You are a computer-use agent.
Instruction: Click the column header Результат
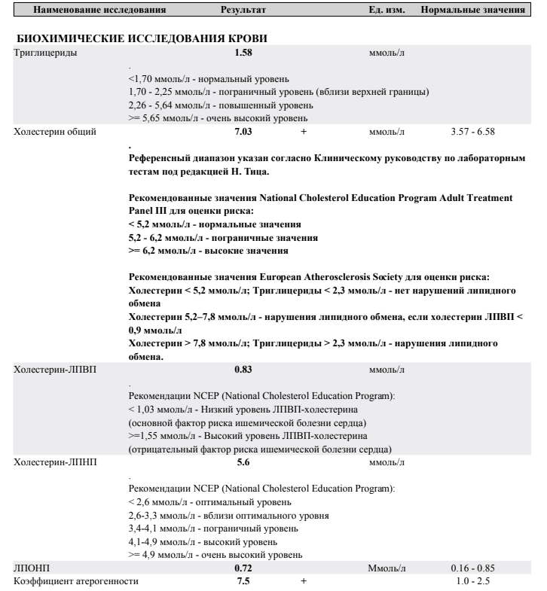(x=243, y=11)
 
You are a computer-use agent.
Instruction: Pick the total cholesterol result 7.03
(x=243, y=132)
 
